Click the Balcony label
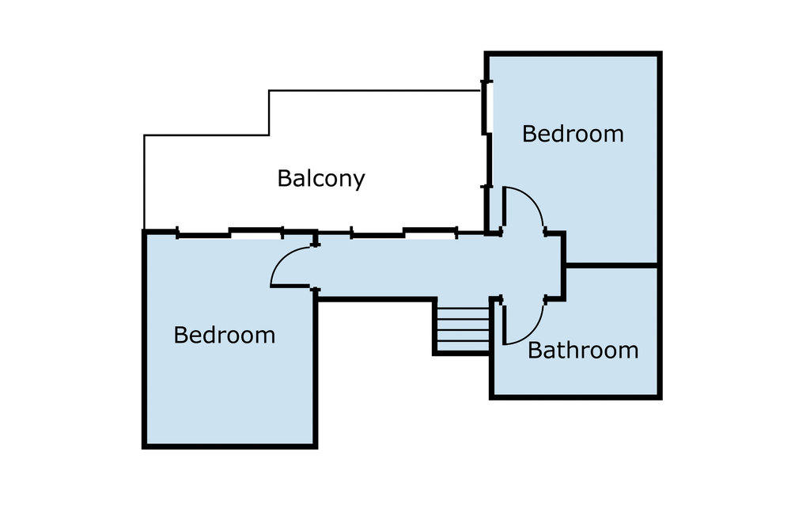click(320, 179)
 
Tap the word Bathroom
click(582, 350)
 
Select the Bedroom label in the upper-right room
click(573, 134)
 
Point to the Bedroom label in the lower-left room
click(224, 336)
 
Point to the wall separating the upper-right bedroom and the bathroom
click(611, 264)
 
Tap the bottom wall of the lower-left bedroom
click(229, 446)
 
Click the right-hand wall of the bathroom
click(659, 332)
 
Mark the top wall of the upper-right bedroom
click(573, 55)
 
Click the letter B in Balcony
click(285, 178)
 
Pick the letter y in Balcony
click(359, 181)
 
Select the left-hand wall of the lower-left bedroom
click(145, 340)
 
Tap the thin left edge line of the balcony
click(144, 182)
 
